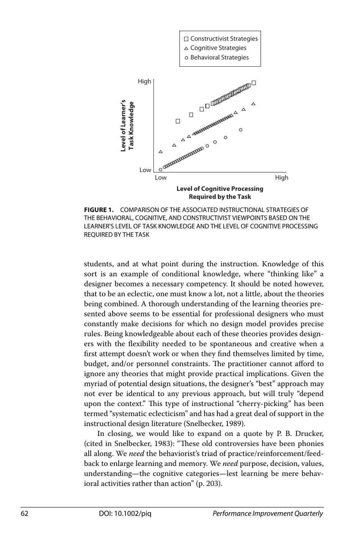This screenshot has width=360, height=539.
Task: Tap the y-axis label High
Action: point(144,81)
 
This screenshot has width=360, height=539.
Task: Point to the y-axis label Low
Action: point(145,170)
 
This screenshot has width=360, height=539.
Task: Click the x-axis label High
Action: point(282,178)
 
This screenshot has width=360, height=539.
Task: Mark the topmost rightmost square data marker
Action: point(254,83)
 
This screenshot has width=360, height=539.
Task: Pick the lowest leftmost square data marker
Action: point(178,121)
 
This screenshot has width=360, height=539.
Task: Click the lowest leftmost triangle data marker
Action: point(161,152)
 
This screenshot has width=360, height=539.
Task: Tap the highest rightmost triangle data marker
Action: point(254,104)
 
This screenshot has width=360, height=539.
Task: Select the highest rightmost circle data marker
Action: point(241,130)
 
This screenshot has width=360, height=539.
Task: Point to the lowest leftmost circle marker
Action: point(160,169)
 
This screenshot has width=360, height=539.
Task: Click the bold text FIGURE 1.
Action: point(99,210)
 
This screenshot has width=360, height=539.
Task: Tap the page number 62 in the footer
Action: point(25,514)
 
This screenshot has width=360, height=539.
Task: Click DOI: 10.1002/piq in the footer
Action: point(125,514)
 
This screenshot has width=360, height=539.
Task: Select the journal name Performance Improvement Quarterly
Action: point(268,514)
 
